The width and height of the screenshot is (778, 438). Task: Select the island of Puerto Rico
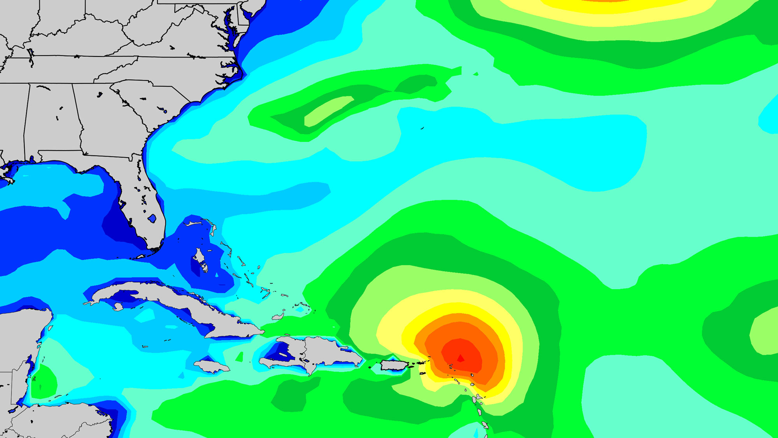point(394,365)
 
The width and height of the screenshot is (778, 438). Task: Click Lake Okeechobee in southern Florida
point(152,218)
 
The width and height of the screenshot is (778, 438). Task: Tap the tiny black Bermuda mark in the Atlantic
point(422,128)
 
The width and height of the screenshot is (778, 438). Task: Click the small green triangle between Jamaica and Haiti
point(239,357)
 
